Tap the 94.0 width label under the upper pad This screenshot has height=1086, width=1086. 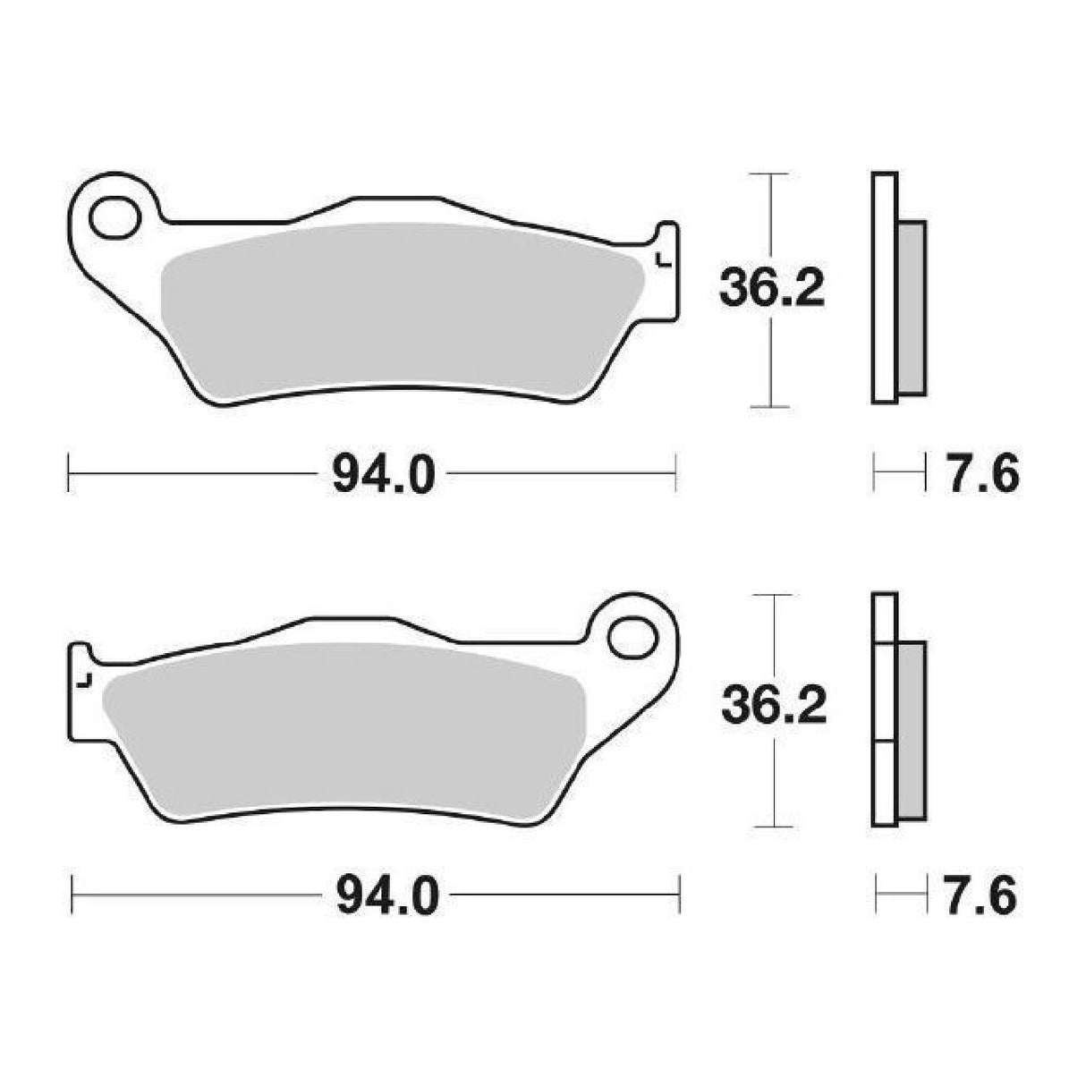tap(383, 474)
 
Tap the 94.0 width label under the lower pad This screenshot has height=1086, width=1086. tap(387, 895)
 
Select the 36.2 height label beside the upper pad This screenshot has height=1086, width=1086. tap(771, 288)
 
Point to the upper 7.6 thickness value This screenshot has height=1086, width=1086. tap(978, 473)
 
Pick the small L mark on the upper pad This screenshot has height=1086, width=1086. tap(662, 261)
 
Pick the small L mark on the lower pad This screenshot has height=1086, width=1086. tap(84, 682)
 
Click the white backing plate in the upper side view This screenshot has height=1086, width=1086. tap(883, 286)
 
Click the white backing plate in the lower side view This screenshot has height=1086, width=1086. tap(883, 707)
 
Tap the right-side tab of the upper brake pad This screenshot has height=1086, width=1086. tap(666, 268)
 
